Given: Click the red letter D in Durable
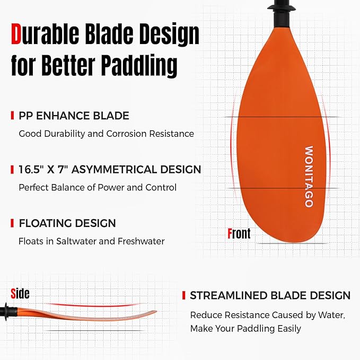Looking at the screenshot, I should [17, 35].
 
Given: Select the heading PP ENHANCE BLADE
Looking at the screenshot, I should [74, 116].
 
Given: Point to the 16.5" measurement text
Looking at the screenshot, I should [33, 170].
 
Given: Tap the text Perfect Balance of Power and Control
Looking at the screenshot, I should [98, 188].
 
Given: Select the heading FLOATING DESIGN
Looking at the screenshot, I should [67, 223].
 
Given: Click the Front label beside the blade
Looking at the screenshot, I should [239, 233].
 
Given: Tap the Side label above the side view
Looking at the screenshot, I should [20, 293].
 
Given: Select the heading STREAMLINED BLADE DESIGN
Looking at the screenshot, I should [270, 295].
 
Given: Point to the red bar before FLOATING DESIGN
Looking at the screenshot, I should [12, 223].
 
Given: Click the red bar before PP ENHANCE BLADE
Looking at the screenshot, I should [12, 116].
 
